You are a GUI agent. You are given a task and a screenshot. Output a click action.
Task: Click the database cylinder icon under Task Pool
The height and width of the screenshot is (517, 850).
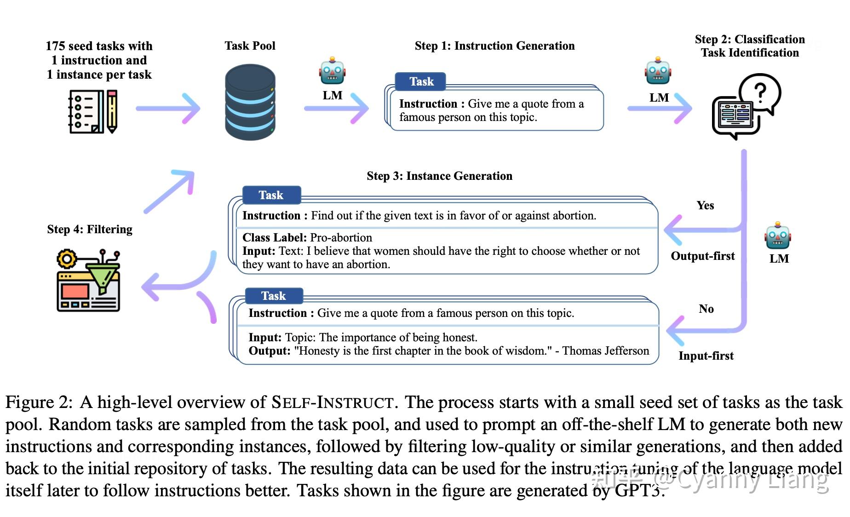pyautogui.click(x=250, y=102)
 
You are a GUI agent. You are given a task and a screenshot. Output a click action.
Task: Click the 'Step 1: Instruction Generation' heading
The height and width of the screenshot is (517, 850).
pyautogui.click(x=494, y=46)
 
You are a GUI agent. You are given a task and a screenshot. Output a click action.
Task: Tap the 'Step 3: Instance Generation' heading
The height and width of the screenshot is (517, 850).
pyautogui.click(x=439, y=176)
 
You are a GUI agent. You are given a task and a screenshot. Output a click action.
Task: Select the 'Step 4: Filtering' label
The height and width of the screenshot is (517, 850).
pyautogui.click(x=90, y=230)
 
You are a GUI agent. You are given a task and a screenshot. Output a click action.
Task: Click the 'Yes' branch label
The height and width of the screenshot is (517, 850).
pyautogui.click(x=705, y=206)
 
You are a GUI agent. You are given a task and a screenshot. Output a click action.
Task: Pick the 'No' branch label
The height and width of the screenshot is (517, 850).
pyautogui.click(x=706, y=309)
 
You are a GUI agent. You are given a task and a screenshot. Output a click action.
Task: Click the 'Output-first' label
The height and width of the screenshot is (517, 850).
pyautogui.click(x=702, y=256)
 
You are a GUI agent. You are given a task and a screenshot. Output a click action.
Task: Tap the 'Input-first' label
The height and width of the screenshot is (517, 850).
pyautogui.click(x=706, y=356)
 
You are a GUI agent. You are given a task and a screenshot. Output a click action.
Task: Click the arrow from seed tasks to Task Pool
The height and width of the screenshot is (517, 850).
pyautogui.click(x=168, y=109)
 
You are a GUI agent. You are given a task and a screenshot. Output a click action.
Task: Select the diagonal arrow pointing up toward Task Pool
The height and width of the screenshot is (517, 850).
pyautogui.click(x=169, y=191)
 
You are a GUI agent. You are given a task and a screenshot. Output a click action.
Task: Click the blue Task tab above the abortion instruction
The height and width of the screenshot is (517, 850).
pyautogui.click(x=271, y=195)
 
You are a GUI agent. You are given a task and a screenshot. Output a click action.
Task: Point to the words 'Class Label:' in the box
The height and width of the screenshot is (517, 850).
pyautogui.click(x=274, y=238)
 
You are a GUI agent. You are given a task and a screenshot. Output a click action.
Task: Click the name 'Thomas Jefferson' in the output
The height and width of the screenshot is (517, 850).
pyautogui.click(x=605, y=351)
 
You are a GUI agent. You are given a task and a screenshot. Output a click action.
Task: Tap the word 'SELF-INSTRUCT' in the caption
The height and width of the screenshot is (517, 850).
pyautogui.click(x=332, y=402)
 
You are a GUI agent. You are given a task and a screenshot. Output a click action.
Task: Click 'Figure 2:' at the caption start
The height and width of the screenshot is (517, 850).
pyautogui.click(x=39, y=402)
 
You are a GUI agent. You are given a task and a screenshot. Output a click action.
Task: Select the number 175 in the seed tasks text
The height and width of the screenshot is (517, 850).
pyautogui.click(x=55, y=46)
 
